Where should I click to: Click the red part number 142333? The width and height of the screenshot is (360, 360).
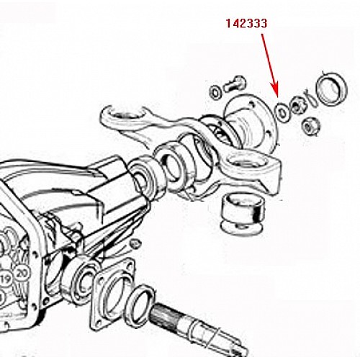(x=246, y=24)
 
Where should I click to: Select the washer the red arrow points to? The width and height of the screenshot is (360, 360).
(x=282, y=112)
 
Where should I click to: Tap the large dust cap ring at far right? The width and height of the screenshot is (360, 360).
(x=331, y=89)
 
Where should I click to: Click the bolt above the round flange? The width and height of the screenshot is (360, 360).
(x=235, y=85)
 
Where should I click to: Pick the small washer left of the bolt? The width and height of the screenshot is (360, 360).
(x=216, y=91)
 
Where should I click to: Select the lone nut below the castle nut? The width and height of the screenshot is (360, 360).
(x=311, y=125)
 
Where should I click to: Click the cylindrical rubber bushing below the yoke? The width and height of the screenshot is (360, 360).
(x=243, y=215)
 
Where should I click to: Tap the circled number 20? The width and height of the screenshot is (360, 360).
(x=23, y=274)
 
